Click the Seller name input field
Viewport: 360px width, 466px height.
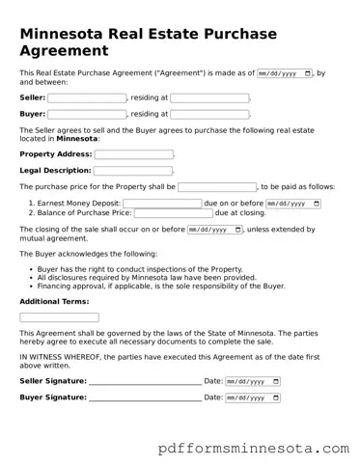[87, 97]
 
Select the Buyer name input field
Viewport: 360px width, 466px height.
[87, 114]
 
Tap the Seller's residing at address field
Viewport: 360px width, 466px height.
[209, 97]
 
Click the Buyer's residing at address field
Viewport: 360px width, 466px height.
[209, 114]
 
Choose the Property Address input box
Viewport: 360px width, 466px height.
[133, 154]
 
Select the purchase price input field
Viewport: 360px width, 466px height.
[217, 187]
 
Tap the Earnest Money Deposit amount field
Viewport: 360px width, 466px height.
[162, 204]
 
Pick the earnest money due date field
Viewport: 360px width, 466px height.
[292, 204]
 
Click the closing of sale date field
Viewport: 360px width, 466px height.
[214, 230]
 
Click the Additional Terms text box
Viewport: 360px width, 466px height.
[59, 317]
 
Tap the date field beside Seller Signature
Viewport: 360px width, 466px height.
[253, 381]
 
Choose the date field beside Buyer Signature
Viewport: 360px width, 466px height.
[253, 397]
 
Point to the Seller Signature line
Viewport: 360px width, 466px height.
[145, 383]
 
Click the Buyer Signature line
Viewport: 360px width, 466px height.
[145, 399]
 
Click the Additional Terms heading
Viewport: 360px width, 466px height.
[54, 302]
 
